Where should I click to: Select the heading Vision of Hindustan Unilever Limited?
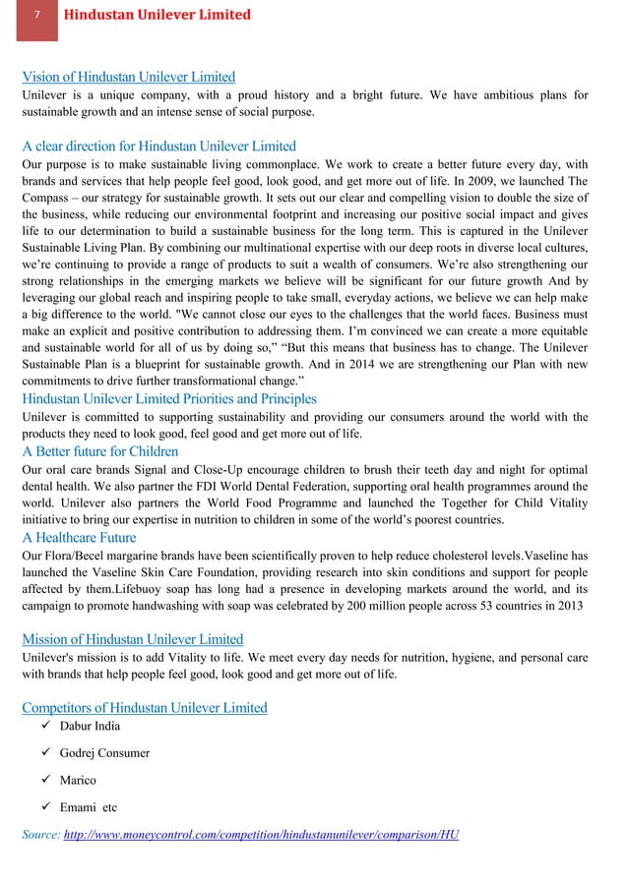coord(128,77)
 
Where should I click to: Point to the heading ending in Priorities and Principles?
coord(168,398)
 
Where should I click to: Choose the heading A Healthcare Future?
coord(79,538)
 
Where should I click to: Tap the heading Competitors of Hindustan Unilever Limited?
coord(144,707)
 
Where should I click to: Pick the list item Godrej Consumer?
coord(104,753)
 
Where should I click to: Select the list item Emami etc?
coord(89,807)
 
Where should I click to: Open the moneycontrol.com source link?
coord(261,834)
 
